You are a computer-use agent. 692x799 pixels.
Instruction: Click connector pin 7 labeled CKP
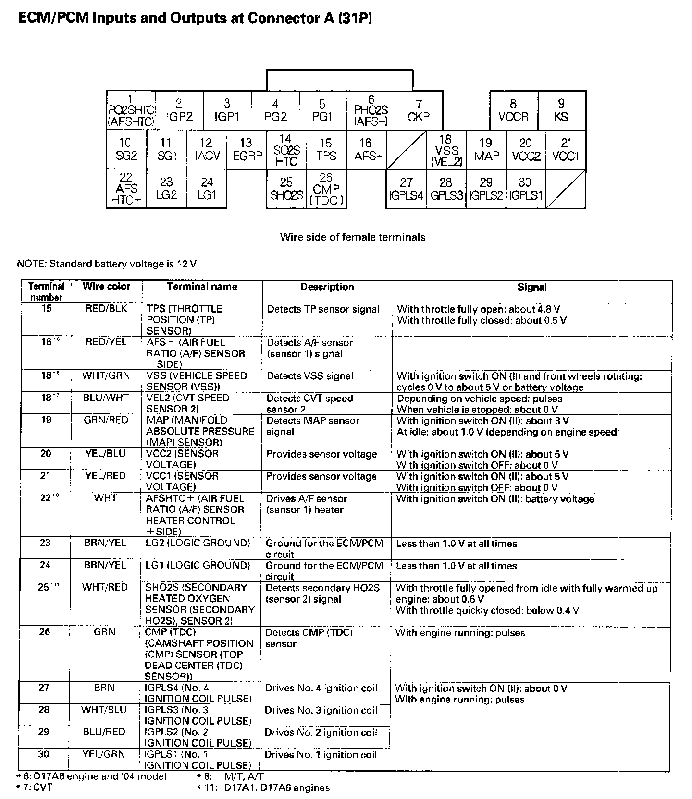point(419,110)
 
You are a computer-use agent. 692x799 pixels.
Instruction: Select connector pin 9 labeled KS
point(561,110)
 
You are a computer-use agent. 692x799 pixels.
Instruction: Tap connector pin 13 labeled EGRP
point(247,149)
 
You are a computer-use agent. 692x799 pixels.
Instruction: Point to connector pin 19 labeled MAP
point(486,149)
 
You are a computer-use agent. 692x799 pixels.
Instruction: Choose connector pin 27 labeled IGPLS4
point(406,189)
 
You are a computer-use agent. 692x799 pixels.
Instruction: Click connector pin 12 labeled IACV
point(207,149)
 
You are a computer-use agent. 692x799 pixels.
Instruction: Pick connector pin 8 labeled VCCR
point(514,110)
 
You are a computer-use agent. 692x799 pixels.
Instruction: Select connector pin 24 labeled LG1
point(207,189)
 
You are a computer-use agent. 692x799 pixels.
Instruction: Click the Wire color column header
point(106,287)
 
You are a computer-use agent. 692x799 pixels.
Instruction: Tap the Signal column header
point(532,287)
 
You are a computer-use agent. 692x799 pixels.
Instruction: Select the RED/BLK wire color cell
point(106,309)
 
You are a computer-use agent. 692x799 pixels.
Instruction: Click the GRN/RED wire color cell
point(106,420)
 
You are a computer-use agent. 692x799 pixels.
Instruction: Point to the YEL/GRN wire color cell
point(103,754)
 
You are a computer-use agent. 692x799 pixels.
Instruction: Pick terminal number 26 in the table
point(44,632)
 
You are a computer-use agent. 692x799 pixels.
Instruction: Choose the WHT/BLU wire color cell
point(104,710)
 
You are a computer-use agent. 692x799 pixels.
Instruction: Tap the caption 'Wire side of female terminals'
point(353,237)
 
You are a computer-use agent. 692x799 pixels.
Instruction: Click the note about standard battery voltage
point(108,264)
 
